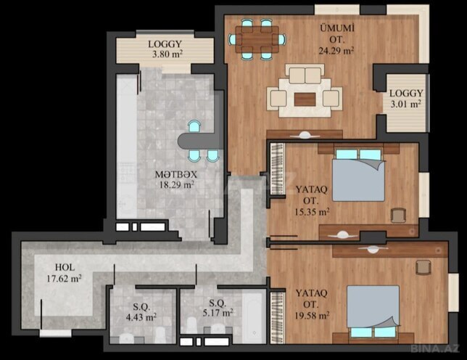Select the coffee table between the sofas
[x=305, y=98]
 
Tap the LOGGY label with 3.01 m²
[x=405, y=93]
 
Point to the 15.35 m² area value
[x=314, y=212]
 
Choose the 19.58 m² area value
[x=314, y=316]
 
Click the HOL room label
[x=65, y=266]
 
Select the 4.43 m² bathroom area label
[x=141, y=316]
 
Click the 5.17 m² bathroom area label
[x=218, y=314]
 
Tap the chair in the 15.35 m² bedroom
[x=397, y=216]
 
